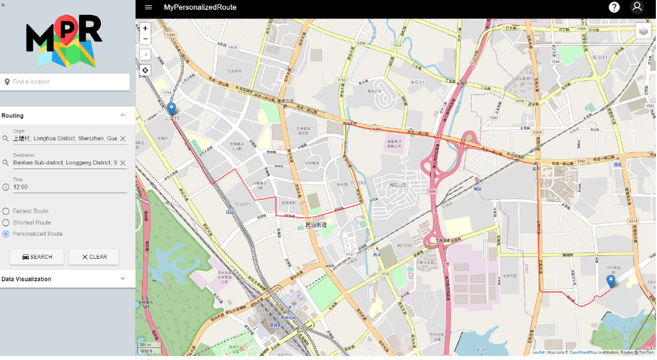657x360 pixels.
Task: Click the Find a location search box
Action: [x=67, y=82]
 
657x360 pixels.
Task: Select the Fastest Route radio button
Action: [x=6, y=211]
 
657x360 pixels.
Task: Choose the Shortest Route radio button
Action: [x=6, y=223]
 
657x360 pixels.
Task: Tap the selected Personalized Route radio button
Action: [x=6, y=234]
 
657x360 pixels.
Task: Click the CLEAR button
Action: [x=94, y=257]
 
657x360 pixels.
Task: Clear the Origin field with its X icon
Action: [x=123, y=139]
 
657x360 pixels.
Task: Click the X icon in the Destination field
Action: [x=123, y=163]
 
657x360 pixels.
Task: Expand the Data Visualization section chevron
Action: [x=122, y=279]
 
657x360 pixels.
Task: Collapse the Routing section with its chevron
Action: [x=122, y=116]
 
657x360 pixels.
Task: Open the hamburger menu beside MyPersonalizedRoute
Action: [x=149, y=7]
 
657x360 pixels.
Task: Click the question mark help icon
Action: [x=614, y=7]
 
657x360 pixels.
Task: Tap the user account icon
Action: [x=637, y=7]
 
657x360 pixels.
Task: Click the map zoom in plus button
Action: [x=145, y=28]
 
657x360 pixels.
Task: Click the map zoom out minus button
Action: [x=145, y=39]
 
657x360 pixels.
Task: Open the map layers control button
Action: [x=643, y=31]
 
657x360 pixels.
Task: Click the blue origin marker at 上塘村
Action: [x=171, y=109]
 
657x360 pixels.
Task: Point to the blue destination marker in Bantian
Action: [x=611, y=281]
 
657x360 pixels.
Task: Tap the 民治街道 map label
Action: [x=316, y=225]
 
